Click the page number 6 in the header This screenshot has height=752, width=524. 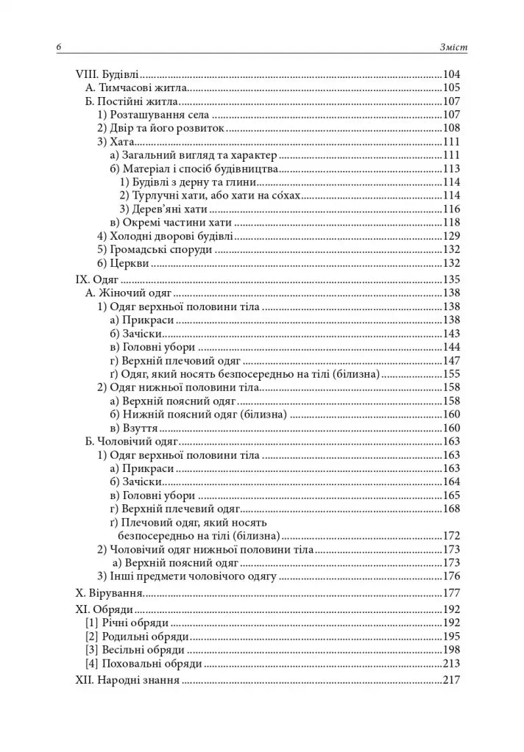coord(57,48)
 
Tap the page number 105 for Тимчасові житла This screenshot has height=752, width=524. coord(451,88)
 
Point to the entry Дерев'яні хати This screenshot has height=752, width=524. coord(163,209)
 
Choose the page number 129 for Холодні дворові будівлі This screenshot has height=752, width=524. coord(451,236)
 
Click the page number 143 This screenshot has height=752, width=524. coord(451,333)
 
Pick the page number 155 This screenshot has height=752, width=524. coord(451,374)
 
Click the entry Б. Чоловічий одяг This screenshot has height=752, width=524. coord(132,441)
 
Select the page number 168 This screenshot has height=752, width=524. coord(451,509)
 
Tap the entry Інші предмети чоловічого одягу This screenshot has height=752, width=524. coord(187,576)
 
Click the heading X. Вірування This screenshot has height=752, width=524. coord(110,592)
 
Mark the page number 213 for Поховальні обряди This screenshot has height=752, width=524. coord(451,663)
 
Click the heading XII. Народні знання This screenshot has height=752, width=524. coord(128,680)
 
